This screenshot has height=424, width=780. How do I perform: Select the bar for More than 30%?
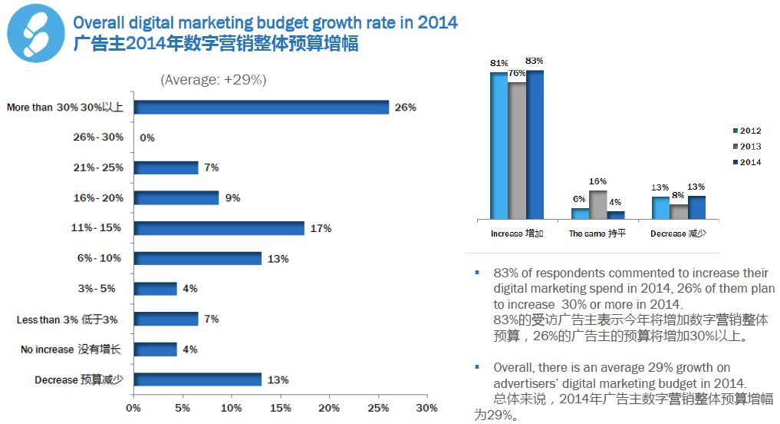(x=262, y=108)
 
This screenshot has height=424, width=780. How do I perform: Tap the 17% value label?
(x=320, y=228)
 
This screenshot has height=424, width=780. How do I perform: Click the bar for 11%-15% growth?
(x=219, y=228)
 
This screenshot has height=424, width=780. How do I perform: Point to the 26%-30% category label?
(x=97, y=137)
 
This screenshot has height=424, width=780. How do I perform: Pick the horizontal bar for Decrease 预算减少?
(x=197, y=379)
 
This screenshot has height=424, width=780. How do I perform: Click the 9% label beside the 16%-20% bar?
(x=232, y=198)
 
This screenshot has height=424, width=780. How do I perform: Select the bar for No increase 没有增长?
(x=155, y=349)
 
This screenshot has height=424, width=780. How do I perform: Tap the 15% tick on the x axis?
(x=280, y=408)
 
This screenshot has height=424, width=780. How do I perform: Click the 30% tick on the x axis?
(x=426, y=408)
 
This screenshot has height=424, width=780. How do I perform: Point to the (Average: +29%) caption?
(x=213, y=79)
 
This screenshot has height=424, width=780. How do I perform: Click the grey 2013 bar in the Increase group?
(x=517, y=151)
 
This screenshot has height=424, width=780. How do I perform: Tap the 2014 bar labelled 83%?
(x=535, y=144)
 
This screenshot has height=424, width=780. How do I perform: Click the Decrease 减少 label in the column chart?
(x=678, y=234)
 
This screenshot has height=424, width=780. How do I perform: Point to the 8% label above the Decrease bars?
(x=679, y=196)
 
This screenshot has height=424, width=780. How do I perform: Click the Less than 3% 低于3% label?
(x=67, y=320)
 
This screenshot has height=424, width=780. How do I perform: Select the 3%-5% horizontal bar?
(x=155, y=289)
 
